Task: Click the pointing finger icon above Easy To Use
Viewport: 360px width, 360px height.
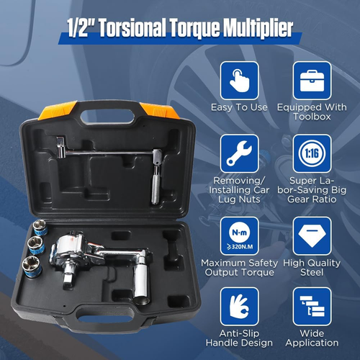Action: pyautogui.click(x=239, y=81)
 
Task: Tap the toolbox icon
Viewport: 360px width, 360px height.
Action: pyautogui.click(x=312, y=81)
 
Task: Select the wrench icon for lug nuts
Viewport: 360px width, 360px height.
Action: pyautogui.click(x=239, y=153)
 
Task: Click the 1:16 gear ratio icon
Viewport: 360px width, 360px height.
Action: pyautogui.click(x=312, y=153)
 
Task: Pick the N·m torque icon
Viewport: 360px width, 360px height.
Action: pyautogui.click(x=239, y=236)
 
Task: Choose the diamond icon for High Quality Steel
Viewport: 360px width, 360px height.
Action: pyautogui.click(x=312, y=236)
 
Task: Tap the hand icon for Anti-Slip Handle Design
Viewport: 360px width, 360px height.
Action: pyautogui.click(x=239, y=307)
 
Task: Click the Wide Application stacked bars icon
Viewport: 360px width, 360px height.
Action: pyautogui.click(x=312, y=307)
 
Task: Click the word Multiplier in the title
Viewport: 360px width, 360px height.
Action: pyautogui.click(x=258, y=27)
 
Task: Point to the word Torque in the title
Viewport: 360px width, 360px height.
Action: pyautogui.click(x=194, y=27)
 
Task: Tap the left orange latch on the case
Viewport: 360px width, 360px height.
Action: pyautogui.click(x=58, y=110)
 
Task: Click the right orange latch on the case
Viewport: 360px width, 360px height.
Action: pyautogui.click(x=159, y=111)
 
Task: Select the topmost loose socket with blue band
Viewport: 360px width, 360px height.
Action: pyautogui.click(x=40, y=228)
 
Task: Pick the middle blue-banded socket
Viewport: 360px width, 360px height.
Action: pyautogui.click(x=36, y=246)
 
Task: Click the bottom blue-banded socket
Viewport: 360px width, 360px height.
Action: pyautogui.click(x=32, y=266)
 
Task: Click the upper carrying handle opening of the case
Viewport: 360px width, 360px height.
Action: pyautogui.click(x=107, y=117)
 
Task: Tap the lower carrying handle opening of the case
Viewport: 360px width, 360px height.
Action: pyautogui.click(x=106, y=318)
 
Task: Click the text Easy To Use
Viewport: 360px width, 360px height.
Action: pyautogui.click(x=239, y=107)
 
